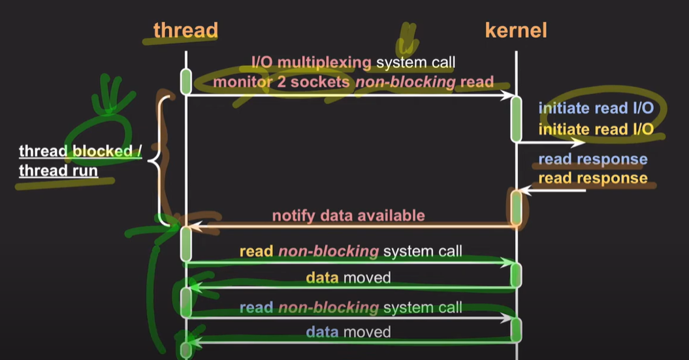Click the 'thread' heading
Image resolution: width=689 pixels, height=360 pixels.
[x=185, y=30]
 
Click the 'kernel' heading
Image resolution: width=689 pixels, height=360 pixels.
[x=516, y=30]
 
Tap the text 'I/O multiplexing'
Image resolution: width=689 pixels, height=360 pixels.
[x=312, y=63]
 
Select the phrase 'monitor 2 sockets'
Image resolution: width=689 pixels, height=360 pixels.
[x=283, y=82]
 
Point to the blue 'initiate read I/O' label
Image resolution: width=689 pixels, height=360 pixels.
[x=596, y=108]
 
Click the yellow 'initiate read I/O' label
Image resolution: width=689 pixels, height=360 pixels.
[x=596, y=129]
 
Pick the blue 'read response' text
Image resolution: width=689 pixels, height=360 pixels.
[x=592, y=159]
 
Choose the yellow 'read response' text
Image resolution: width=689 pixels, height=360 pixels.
[x=592, y=178]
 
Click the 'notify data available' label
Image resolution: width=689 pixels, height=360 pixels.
[x=348, y=216]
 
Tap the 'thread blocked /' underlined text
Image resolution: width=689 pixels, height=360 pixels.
[x=80, y=152]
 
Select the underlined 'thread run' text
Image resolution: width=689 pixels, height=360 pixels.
[x=58, y=171]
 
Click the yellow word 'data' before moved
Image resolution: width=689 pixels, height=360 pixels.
[x=322, y=278]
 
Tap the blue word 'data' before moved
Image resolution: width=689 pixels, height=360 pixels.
[x=322, y=332]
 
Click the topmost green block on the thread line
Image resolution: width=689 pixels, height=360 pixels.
[x=186, y=81]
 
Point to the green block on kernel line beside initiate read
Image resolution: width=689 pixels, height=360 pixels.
[x=516, y=119]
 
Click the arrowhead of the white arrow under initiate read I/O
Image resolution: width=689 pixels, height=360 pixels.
[x=580, y=142]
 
